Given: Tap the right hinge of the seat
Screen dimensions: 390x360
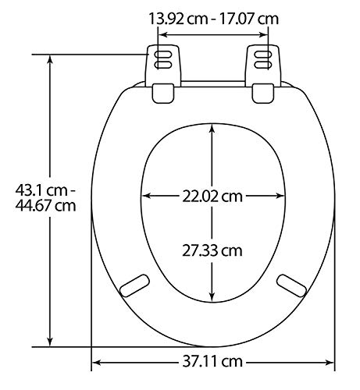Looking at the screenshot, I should (x=264, y=73).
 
